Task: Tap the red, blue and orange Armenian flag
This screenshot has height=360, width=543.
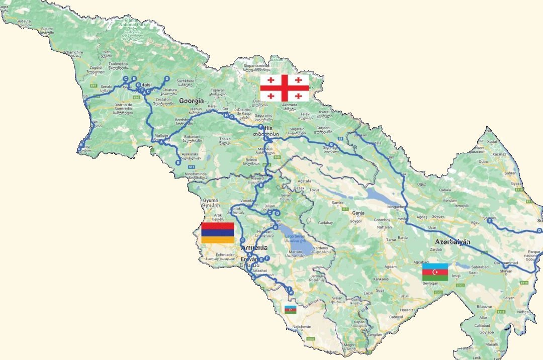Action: coord(217,233)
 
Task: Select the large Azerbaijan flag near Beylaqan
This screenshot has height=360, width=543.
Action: coord(435,272)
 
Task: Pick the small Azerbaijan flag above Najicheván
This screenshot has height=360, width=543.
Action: coord(291,309)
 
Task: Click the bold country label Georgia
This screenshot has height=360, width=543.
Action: coord(192,101)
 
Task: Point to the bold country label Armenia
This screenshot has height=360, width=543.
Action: coord(254,248)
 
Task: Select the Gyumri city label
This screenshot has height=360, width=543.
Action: coord(211,200)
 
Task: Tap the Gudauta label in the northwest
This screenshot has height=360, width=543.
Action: coord(24,21)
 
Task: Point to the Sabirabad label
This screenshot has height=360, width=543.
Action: coord(478,266)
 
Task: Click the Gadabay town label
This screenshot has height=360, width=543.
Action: coord(326,222)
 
